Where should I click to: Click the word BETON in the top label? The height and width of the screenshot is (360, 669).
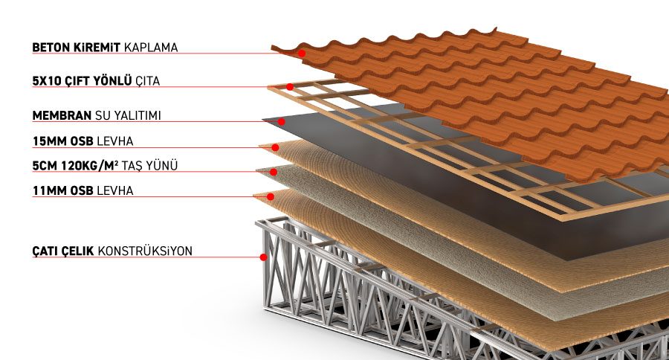click(49, 48)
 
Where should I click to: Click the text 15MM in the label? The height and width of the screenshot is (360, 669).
click(48, 141)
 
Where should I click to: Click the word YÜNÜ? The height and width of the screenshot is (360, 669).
click(167, 165)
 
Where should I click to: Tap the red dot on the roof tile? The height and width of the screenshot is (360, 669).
click(302, 54)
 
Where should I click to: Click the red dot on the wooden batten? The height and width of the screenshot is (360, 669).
click(290, 87)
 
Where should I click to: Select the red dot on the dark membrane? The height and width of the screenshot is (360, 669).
click(282, 121)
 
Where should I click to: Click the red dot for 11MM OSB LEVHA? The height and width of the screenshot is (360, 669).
click(271, 197)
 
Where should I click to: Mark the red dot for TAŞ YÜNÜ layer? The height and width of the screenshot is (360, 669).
click(274, 172)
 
